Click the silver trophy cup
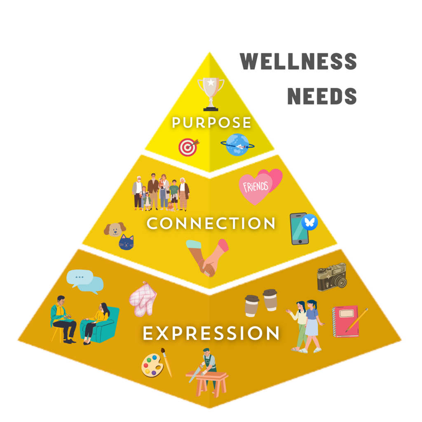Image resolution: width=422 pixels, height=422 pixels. (211, 93)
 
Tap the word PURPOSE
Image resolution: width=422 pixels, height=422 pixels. (211, 123)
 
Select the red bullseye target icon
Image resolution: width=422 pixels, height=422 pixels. (188, 147)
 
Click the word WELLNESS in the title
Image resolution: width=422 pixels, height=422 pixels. (298, 62)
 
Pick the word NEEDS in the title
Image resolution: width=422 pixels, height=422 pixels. (322, 96)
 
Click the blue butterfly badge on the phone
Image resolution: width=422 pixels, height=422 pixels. (309, 223)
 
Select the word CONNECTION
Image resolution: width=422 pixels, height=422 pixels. (211, 224)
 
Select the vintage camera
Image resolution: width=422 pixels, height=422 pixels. (332, 277)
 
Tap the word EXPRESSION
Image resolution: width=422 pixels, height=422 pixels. (211, 333)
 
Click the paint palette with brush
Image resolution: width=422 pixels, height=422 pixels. (156, 363)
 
